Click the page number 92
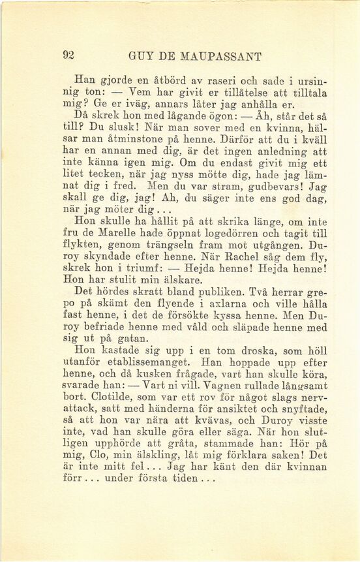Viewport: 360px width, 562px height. (68, 56)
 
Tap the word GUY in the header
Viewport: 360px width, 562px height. (141, 56)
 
